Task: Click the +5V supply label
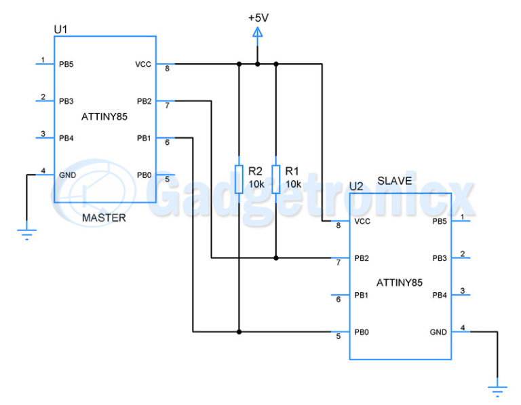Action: [257, 17]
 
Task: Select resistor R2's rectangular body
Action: [238, 178]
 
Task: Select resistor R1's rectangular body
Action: [276, 178]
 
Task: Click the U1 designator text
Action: [60, 29]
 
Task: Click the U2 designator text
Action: [356, 186]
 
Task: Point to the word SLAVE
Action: [394, 181]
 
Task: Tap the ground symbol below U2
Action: [498, 390]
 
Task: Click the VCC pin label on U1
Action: [143, 65]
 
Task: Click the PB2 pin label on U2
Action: [361, 258]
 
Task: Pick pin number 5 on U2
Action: [338, 336]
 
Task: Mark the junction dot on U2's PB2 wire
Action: [276, 258]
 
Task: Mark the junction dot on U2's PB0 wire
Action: [238, 332]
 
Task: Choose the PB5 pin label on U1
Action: [66, 65]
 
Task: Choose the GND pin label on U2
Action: [438, 332]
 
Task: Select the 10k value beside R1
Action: [293, 184]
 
